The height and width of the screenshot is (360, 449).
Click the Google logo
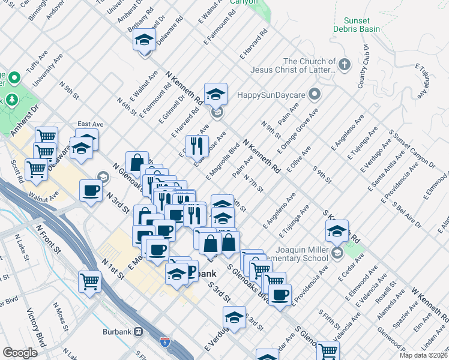click(20, 353)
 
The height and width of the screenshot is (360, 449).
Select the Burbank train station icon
click(139, 331)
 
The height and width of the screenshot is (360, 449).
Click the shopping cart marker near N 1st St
click(89, 280)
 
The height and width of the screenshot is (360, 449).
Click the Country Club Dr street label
click(362, 67)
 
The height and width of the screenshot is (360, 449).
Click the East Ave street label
click(90, 124)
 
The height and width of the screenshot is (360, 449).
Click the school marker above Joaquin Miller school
click(337, 231)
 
